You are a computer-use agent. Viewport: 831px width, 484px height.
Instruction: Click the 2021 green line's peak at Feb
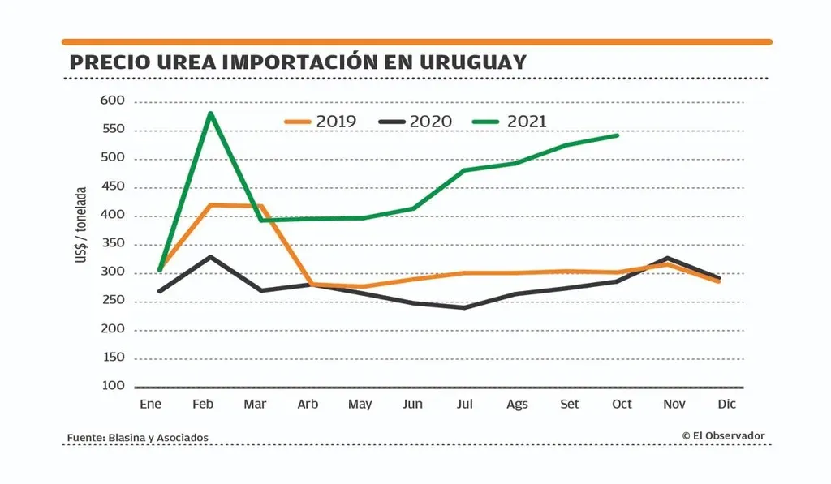210,114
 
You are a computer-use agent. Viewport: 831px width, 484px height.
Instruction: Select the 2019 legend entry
321,122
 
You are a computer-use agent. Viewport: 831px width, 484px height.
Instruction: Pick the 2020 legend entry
415,122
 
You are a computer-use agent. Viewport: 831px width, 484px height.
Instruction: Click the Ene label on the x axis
150,404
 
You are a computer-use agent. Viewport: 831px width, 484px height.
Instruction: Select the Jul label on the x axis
465,404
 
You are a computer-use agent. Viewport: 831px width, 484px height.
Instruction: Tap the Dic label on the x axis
726,404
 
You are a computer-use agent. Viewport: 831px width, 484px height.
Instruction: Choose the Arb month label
308,404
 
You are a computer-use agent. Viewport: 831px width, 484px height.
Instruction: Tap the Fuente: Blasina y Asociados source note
137,438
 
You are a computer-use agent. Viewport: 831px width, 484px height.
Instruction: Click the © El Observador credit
723,436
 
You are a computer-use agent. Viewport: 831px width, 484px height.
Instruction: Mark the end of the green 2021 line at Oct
618,135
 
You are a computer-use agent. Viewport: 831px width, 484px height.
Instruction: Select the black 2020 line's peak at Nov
670,259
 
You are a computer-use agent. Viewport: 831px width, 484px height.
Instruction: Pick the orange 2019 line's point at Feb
210,205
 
